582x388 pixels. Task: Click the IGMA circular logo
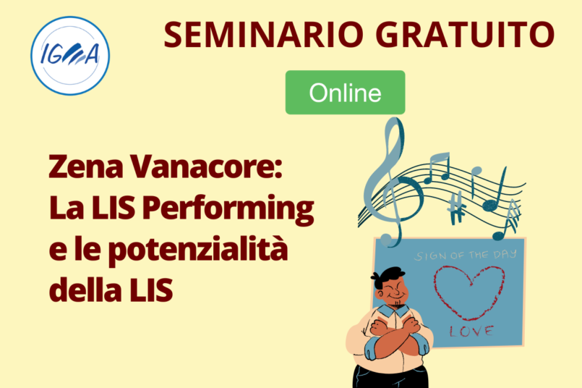pos(70,56)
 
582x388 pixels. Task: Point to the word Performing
pos(228,210)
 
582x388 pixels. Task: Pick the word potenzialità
pos(198,248)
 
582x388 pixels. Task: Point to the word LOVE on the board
pos(472,331)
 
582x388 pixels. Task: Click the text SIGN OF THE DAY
pos(466,255)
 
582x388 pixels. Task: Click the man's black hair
pos(386,277)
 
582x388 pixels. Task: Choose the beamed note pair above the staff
pos(437,167)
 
